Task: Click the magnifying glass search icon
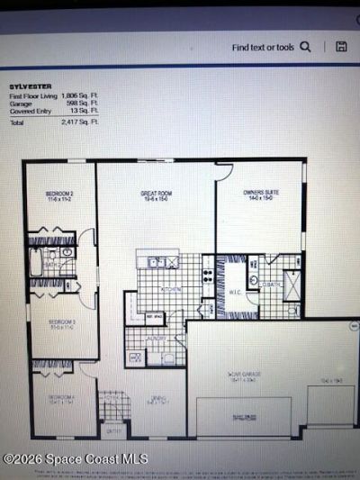click(x=306, y=47)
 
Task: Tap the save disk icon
click(x=341, y=47)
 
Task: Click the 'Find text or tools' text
click(x=263, y=47)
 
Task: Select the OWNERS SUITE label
click(x=259, y=193)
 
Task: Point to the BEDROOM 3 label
click(x=60, y=322)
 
